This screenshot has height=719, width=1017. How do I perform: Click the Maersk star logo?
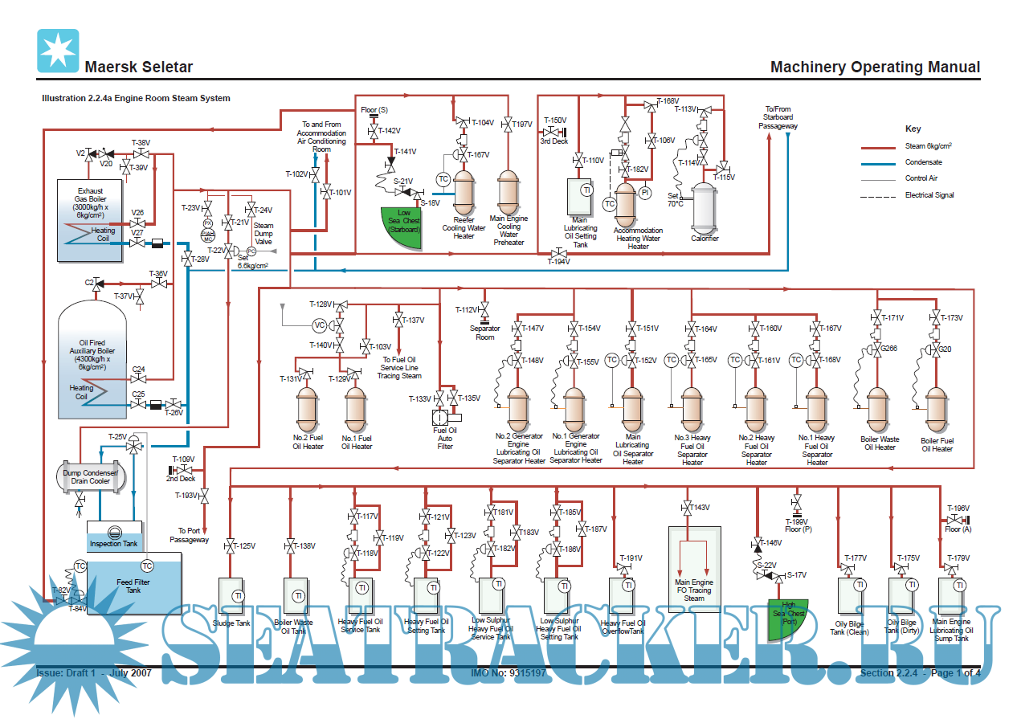click(x=58, y=51)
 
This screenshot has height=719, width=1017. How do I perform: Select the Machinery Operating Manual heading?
click(x=875, y=67)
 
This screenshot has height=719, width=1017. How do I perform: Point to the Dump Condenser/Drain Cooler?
click(x=90, y=476)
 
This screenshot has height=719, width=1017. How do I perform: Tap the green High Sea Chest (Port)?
click(x=788, y=619)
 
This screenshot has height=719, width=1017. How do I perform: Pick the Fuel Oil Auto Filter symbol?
click(x=444, y=418)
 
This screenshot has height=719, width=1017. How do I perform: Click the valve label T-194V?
click(x=558, y=262)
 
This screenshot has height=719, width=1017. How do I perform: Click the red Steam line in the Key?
click(x=878, y=148)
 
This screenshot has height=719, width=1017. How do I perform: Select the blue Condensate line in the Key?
click(x=878, y=163)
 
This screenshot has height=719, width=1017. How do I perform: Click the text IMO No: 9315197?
click(x=508, y=672)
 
